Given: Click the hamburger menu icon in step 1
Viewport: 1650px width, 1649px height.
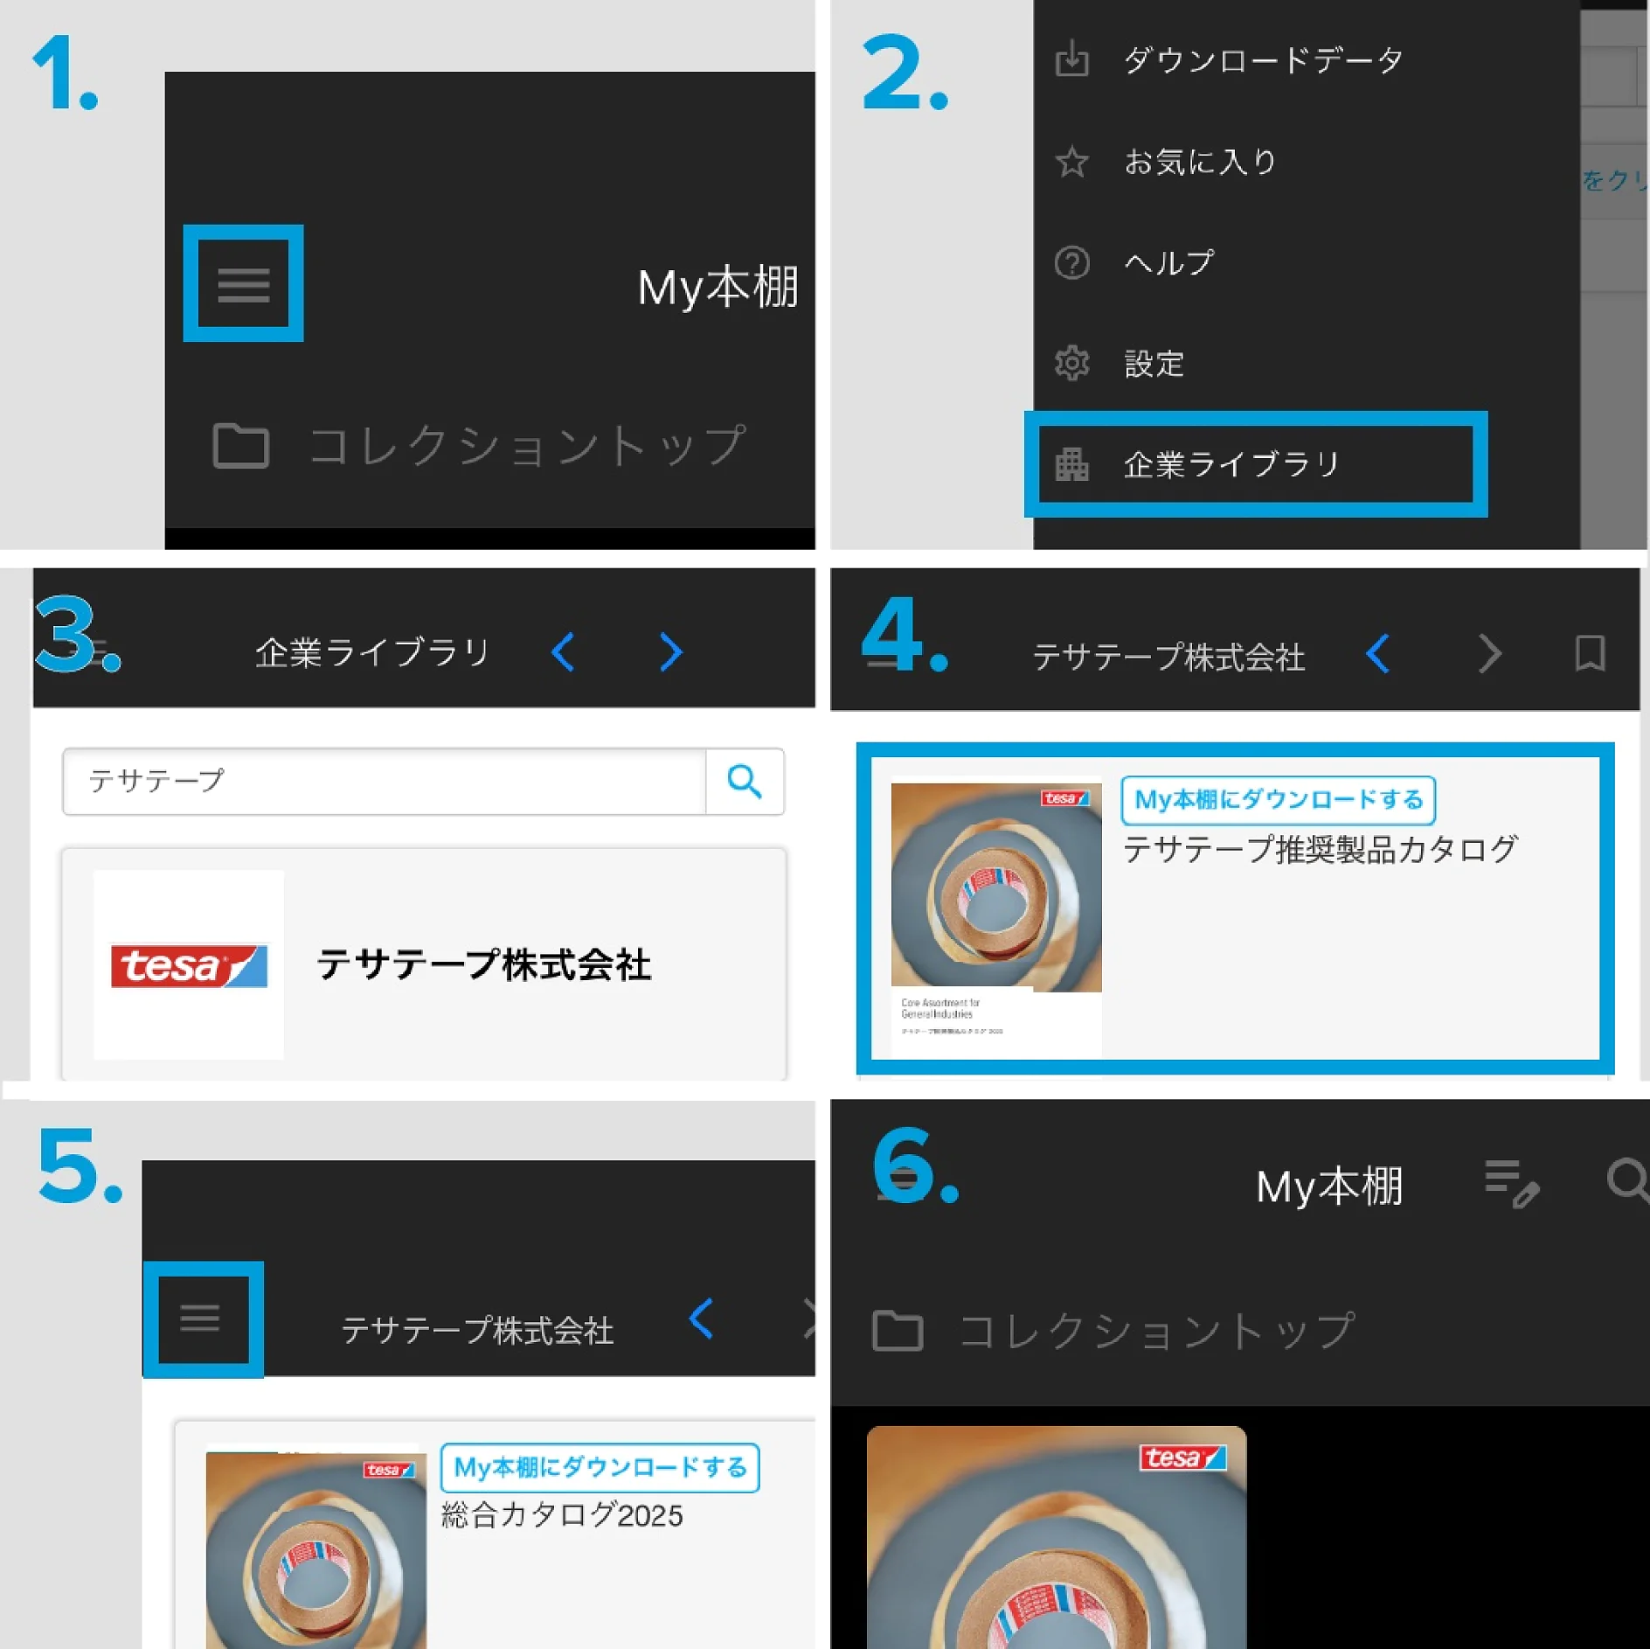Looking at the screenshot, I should (x=243, y=284).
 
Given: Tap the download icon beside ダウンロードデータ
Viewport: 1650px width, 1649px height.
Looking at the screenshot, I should (x=1071, y=59).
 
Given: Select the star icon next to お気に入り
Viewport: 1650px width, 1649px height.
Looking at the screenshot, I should (x=1071, y=162).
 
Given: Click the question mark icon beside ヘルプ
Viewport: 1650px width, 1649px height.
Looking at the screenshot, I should (x=1071, y=262).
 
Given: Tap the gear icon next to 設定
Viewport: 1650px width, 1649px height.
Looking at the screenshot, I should (x=1071, y=363).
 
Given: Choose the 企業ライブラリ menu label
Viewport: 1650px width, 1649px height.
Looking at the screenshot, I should (x=1231, y=464).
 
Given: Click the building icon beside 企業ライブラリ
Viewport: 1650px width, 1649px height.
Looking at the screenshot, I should (x=1071, y=464).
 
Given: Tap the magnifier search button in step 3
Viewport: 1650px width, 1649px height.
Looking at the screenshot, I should (x=745, y=781).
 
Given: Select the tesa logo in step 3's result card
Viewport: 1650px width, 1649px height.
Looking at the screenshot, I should (x=189, y=965).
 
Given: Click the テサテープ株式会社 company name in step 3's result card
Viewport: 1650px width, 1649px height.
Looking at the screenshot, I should (x=483, y=965).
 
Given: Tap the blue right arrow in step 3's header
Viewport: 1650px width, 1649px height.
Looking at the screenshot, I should (x=670, y=652).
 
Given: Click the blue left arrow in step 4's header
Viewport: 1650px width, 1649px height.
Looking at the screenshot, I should (x=1378, y=654).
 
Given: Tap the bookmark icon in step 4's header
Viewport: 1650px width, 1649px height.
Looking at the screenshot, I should (x=1590, y=654).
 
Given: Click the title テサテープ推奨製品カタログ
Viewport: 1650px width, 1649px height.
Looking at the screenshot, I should (x=1321, y=849).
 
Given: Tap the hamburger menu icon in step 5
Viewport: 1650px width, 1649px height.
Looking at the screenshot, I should (x=200, y=1318).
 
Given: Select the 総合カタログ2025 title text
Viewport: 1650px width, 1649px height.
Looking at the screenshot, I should (x=562, y=1515).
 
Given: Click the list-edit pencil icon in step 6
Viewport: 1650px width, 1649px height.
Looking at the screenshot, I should (x=1512, y=1183).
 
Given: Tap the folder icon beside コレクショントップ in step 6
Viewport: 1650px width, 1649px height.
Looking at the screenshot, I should (x=898, y=1331).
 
